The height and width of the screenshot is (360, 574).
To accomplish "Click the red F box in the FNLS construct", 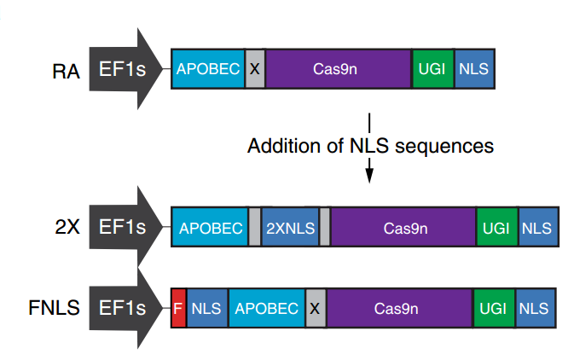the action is [x=178, y=308].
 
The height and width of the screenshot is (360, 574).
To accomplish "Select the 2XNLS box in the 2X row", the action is [x=290, y=227].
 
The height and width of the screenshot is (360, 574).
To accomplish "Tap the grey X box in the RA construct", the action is [x=255, y=69].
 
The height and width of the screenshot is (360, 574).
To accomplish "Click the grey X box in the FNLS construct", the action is [x=316, y=308].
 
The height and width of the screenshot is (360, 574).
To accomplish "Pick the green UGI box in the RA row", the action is [x=433, y=69].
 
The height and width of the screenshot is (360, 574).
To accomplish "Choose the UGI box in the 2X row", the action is [x=497, y=227].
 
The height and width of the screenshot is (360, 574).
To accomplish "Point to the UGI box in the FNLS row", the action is [x=494, y=308].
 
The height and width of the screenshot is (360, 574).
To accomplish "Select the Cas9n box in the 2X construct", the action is [x=403, y=227].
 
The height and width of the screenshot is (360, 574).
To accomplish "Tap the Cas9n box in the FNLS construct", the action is [x=399, y=308].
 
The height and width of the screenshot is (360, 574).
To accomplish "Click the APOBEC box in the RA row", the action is [x=208, y=69].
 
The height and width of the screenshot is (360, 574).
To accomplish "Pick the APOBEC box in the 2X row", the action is [x=210, y=227].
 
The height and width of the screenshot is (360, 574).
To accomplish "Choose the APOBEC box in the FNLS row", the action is [x=267, y=308].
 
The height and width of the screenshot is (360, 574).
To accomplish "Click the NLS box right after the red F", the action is [x=207, y=308].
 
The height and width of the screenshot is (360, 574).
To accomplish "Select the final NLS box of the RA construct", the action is [x=475, y=69].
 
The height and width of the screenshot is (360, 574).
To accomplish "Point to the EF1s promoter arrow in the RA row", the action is [x=125, y=69].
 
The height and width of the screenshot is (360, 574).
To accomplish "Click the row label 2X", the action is [x=67, y=227].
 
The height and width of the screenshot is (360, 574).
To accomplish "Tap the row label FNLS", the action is [x=55, y=308].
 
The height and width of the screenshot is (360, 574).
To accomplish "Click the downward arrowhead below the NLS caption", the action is [x=369, y=176].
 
